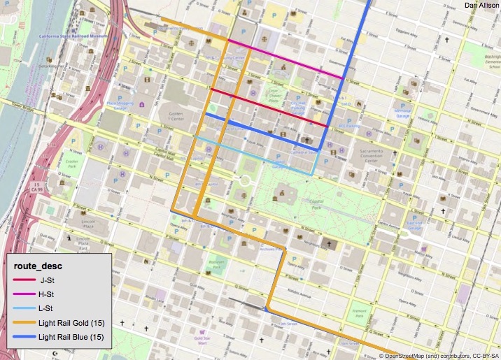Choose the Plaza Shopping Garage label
coord(120,106)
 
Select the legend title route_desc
coord(34,266)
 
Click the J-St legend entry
coord(48,281)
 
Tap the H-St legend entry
coord(48,295)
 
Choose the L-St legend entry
coord(48,309)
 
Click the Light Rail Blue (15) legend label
coord(71,337)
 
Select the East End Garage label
coord(416,225)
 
